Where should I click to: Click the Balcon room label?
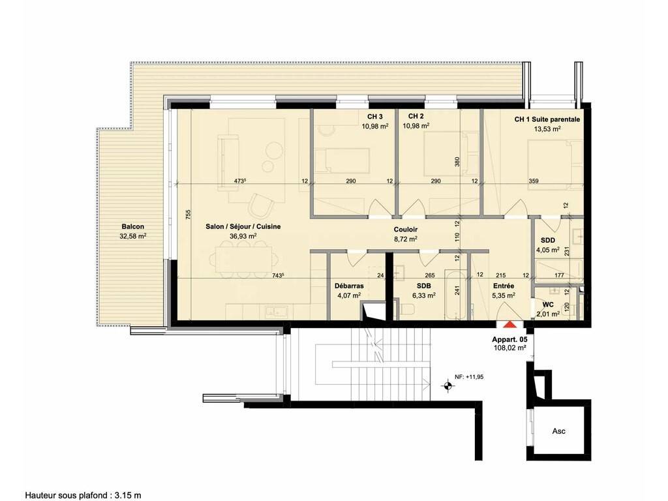[132, 226]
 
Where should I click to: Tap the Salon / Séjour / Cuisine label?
[243, 226]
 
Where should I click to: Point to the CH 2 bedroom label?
[416, 116]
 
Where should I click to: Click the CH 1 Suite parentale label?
[547, 119]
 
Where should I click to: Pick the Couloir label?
[405, 230]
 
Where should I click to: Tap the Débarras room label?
[349, 286]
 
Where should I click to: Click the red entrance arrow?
[509, 325]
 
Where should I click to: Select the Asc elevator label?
[558, 431]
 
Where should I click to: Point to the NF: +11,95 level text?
[469, 377]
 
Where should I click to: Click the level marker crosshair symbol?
[447, 386]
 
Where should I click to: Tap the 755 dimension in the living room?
[189, 215]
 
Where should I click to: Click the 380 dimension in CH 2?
[457, 162]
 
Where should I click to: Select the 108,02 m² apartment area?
[509, 348]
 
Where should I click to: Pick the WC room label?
[548, 305]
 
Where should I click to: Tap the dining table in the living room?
[243, 260]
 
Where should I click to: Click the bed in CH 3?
[342, 161]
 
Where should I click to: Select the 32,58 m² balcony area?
[133, 235]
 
